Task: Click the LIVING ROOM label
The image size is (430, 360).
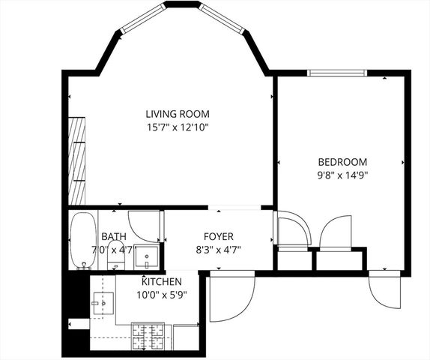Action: [x=177, y=113]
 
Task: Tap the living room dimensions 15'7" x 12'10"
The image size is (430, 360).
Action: [x=177, y=127]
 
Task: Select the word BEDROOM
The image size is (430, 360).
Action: [x=342, y=161]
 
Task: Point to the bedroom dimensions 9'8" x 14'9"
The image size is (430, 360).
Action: [x=342, y=175]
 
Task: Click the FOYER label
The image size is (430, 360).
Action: [x=217, y=236]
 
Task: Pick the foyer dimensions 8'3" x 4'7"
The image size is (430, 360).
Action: [x=217, y=250]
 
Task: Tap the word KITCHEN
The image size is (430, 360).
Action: [x=162, y=281]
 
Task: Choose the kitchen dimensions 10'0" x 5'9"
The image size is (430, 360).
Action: [x=162, y=294]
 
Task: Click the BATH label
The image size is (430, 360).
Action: [x=114, y=236]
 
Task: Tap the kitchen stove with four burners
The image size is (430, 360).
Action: [x=148, y=331]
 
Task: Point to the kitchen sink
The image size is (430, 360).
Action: [x=103, y=304]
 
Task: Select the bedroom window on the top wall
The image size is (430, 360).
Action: [x=337, y=73]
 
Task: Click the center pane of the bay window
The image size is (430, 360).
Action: [x=181, y=4]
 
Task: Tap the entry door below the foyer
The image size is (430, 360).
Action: [x=231, y=297]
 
